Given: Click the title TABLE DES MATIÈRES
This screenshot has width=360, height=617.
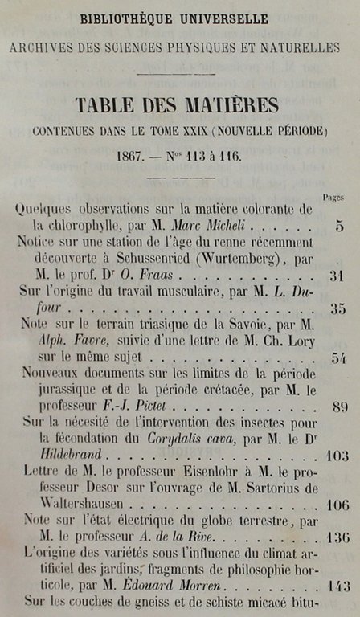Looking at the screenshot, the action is point(178,105).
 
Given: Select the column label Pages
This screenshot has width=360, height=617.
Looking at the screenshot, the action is point(333,197).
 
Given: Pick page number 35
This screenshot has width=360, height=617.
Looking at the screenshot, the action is point(337,308).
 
